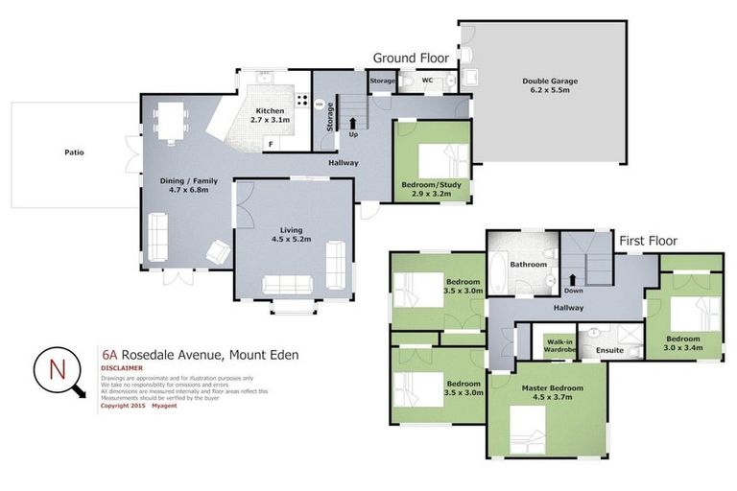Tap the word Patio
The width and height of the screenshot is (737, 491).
(74, 152)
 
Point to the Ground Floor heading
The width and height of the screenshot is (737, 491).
(411, 58)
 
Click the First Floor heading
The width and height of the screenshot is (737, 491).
(648, 241)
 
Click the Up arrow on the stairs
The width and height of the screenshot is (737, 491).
(352, 123)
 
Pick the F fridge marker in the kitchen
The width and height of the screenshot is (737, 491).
(272, 144)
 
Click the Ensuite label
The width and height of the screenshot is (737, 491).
(609, 351)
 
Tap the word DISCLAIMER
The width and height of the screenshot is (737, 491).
(121, 367)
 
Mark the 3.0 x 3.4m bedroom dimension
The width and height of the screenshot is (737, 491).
(683, 347)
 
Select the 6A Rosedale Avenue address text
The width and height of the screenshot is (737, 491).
(200, 355)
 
